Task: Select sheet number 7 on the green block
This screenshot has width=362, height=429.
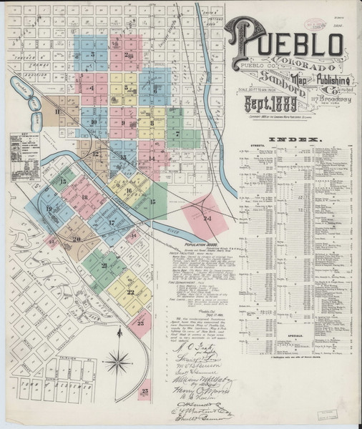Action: (176, 134)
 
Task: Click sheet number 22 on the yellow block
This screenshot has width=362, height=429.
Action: (131, 292)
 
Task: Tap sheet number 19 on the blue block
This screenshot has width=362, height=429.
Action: (50, 208)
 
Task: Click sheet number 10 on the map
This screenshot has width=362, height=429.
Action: (94, 122)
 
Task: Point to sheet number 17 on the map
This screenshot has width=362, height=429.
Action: (112, 222)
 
